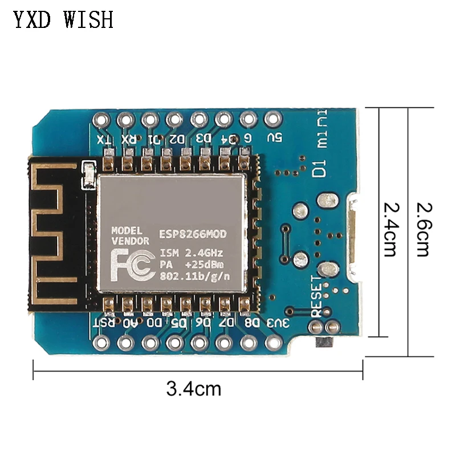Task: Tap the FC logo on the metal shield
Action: click(131, 263)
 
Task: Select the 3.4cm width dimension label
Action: click(194, 389)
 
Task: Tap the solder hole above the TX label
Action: click(101, 120)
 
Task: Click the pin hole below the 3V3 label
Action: click(273, 343)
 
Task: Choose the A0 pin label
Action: click(129, 323)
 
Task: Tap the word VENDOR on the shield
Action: click(130, 241)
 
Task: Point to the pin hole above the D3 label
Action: click(198, 120)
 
